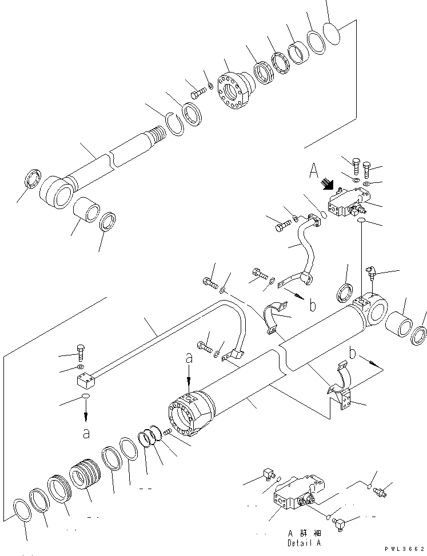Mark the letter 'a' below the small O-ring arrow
coord(86,434)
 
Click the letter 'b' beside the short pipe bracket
coord(312,306)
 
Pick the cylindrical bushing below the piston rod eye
coord(87,214)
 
